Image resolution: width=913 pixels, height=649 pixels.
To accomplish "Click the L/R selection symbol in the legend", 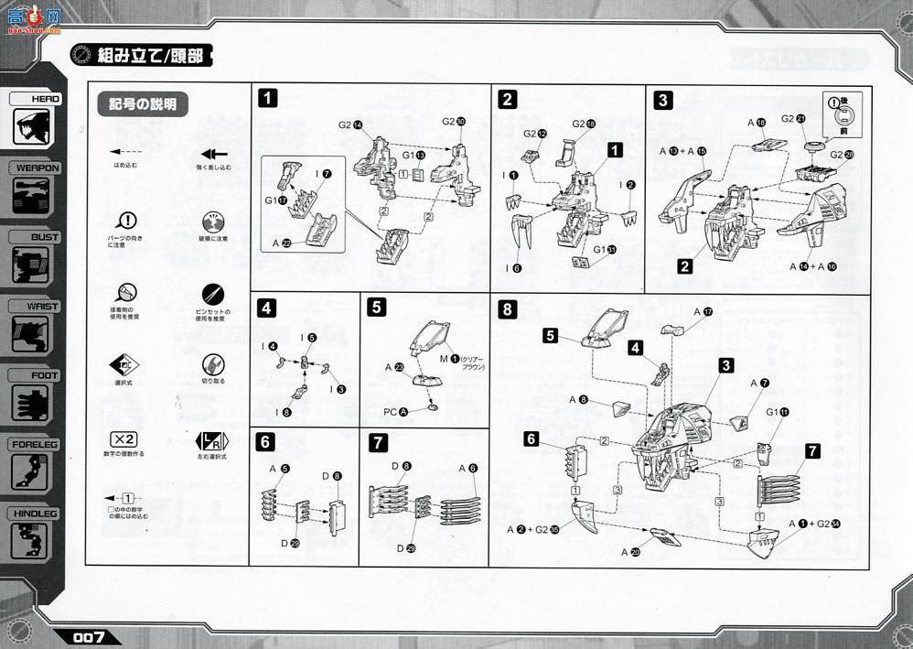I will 211,439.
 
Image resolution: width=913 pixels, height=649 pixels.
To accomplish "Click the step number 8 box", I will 507,309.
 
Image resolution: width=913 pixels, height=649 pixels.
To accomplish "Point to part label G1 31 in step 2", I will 604,249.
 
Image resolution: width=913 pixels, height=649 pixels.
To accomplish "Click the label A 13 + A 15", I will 682,151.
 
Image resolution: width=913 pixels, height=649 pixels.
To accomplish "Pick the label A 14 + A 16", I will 814,266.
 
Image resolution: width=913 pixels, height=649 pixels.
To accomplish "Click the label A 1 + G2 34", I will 811,523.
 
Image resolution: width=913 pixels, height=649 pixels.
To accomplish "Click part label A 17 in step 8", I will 703,312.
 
